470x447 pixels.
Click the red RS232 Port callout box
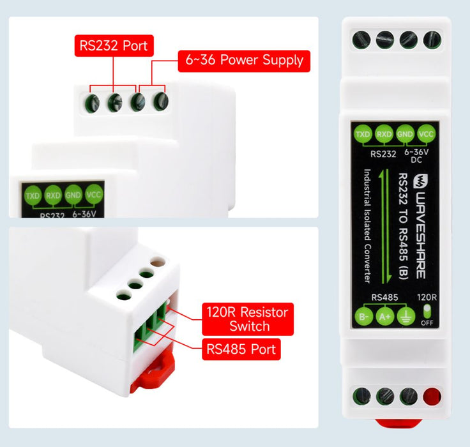(x=114, y=45)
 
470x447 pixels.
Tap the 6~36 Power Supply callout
(x=244, y=61)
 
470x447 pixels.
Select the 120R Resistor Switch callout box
(x=248, y=319)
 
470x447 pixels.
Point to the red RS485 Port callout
(x=241, y=349)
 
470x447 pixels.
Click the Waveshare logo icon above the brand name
(x=421, y=182)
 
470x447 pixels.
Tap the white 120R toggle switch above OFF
(x=427, y=311)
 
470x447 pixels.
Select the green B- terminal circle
(x=363, y=317)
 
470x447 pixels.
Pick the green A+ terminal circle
(x=385, y=317)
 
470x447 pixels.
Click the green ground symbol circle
(x=406, y=317)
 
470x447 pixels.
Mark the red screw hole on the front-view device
(x=432, y=397)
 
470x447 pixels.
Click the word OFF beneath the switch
(x=427, y=323)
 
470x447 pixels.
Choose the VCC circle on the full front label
(x=426, y=133)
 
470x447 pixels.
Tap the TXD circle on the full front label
(x=363, y=133)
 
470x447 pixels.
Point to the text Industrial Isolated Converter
(x=367, y=226)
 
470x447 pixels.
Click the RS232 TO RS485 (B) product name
(x=403, y=226)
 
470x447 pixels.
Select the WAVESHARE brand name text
(x=421, y=235)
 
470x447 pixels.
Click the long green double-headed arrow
(x=384, y=226)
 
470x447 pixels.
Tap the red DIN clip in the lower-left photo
(x=153, y=371)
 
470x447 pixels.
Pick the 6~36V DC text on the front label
(x=416, y=156)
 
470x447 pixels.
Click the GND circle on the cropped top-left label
(x=73, y=195)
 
